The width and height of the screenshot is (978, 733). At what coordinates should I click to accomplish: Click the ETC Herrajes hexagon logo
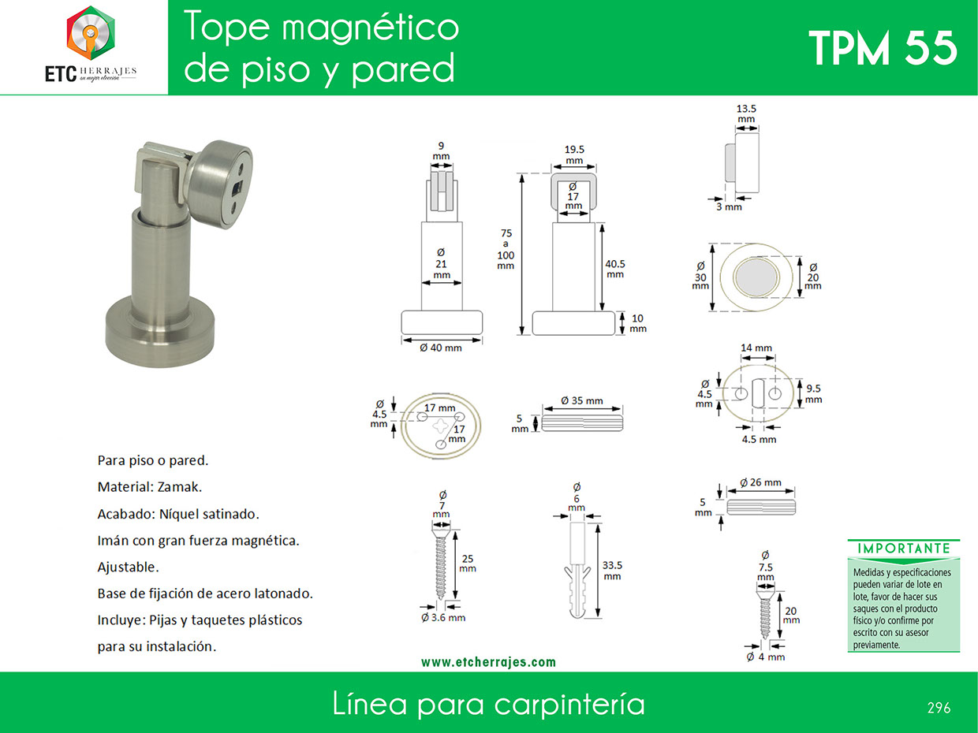point(91,33)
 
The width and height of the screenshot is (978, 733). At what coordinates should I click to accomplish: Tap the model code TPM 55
point(883,49)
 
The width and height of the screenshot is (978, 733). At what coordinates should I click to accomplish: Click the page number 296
point(939,708)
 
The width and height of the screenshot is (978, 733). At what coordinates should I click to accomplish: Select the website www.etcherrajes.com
point(488,662)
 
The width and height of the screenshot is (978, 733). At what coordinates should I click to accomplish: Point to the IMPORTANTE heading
point(904,549)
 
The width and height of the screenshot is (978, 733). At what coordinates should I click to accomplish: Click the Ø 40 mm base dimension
point(441,348)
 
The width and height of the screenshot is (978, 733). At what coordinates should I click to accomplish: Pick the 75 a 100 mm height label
point(506,249)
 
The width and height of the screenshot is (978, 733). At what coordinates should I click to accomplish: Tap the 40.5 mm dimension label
point(615,269)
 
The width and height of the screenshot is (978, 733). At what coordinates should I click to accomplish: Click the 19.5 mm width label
point(574,154)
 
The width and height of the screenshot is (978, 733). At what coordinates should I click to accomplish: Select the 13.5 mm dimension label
point(746,113)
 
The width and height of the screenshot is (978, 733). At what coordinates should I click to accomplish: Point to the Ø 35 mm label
point(581,400)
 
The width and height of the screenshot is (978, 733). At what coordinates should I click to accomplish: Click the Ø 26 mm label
point(760,482)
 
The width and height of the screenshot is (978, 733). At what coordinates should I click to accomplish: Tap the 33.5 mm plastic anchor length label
point(612,570)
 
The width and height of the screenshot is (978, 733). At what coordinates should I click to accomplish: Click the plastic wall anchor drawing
point(577,570)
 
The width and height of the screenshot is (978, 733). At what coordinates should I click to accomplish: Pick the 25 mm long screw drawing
point(441,562)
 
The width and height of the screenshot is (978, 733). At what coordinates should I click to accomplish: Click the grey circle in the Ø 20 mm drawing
point(756,277)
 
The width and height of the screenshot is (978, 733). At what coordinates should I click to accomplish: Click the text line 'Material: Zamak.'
point(150,487)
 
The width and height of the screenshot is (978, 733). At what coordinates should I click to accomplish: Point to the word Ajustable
point(129,567)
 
